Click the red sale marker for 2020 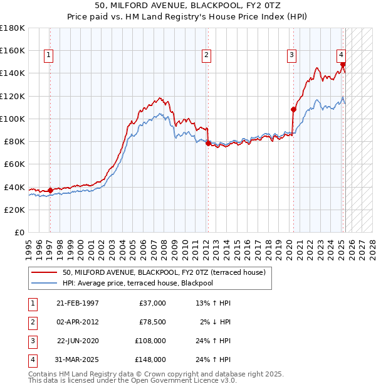pyautogui.click(x=293, y=109)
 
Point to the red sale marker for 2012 pyautogui.click(x=208, y=143)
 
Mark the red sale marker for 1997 pyautogui.click(x=50, y=190)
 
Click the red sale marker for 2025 pyautogui.click(x=343, y=64)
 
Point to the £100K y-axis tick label pyautogui.click(x=13, y=119)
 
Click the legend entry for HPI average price pyautogui.click(x=147, y=283)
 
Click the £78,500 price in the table pyautogui.click(x=152, y=322)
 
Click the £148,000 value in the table pyautogui.click(x=150, y=360)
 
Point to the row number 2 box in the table pyautogui.click(x=31, y=322)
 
